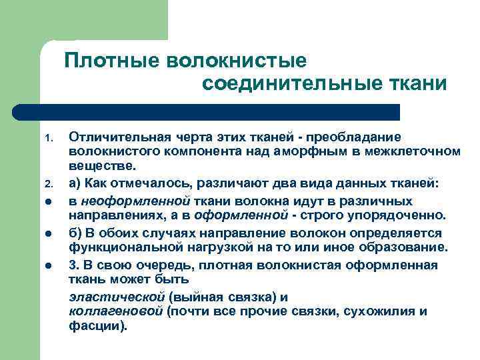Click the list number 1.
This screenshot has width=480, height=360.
pos(48,139)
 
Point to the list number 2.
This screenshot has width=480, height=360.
pos(48,184)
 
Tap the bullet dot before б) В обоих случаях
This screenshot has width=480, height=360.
pos(49,233)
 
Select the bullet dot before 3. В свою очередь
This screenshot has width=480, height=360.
pos(49,265)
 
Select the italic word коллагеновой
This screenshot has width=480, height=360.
pos(117,312)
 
